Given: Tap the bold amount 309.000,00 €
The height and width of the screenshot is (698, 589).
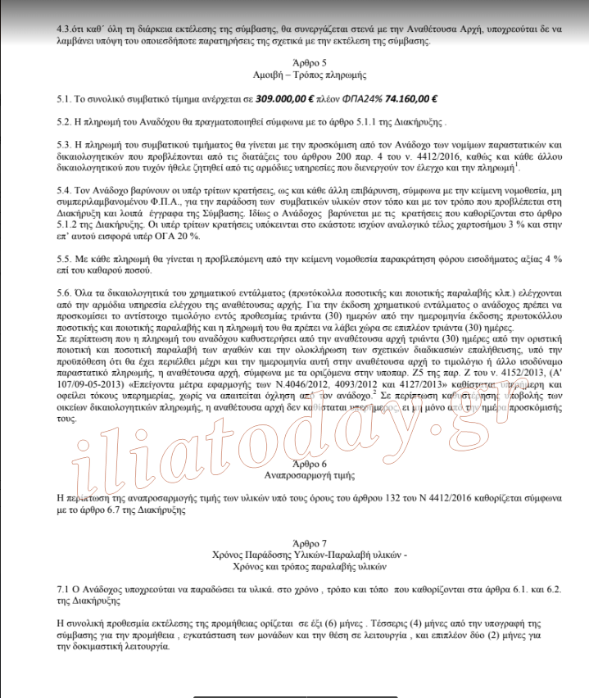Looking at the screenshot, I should pyautogui.click(x=286, y=98).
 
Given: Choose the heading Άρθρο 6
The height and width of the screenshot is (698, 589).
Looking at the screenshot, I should pyautogui.click(x=309, y=463).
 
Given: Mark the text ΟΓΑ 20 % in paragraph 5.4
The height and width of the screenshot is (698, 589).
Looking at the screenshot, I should pyautogui.click(x=189, y=235).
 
